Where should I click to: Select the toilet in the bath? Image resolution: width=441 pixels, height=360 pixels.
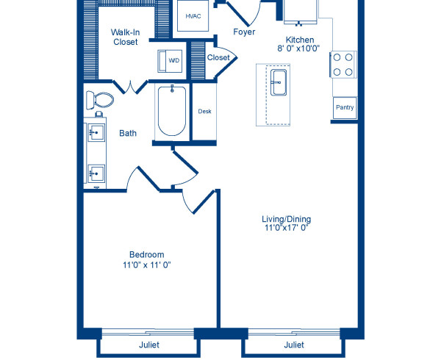click(99, 101)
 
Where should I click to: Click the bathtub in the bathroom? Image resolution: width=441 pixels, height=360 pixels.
click(172, 111)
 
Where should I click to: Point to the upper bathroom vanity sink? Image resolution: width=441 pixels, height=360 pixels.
click(96, 134)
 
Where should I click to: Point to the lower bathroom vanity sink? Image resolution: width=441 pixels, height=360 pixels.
click(96, 173)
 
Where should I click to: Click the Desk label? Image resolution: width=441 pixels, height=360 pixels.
click(205, 112)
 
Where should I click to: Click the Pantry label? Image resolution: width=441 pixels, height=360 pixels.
click(344, 108)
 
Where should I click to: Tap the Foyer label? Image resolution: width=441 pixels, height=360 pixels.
click(243, 32)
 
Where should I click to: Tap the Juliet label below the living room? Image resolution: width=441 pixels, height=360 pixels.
click(294, 345)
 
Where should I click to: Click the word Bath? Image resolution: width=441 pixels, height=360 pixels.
click(129, 134)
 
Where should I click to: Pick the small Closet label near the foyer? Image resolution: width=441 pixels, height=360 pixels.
click(218, 57)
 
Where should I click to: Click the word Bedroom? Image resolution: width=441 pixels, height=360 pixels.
click(147, 254)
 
